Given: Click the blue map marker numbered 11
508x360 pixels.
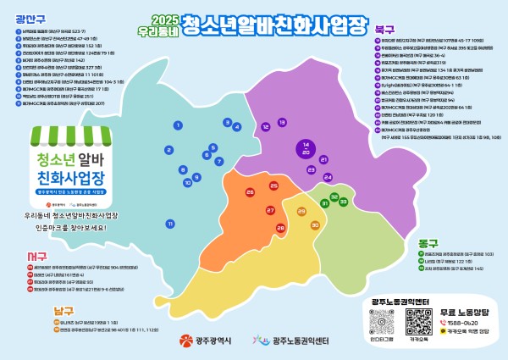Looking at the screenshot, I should click(x=170, y=224).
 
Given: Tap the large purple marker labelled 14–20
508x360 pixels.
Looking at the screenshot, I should click(x=305, y=148).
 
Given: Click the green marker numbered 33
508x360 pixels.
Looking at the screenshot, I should click(x=344, y=200).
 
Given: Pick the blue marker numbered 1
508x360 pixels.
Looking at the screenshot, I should click(x=179, y=125).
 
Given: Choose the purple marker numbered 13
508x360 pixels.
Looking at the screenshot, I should click(x=282, y=125).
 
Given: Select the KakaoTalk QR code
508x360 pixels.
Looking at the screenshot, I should click(x=418, y=322).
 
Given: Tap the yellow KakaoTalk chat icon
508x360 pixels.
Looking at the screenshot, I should click(x=444, y=333).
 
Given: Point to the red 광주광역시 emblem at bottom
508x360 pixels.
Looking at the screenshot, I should click(x=185, y=341).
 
